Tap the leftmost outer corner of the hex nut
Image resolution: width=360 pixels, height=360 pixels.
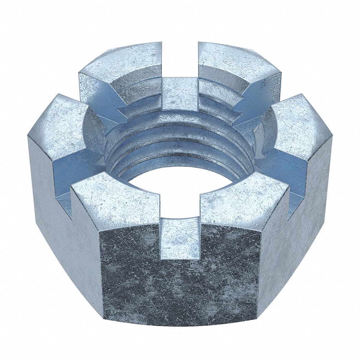pyautogui.click(x=28, y=137)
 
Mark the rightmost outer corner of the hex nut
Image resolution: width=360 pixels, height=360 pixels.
pyautogui.click(x=332, y=137)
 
